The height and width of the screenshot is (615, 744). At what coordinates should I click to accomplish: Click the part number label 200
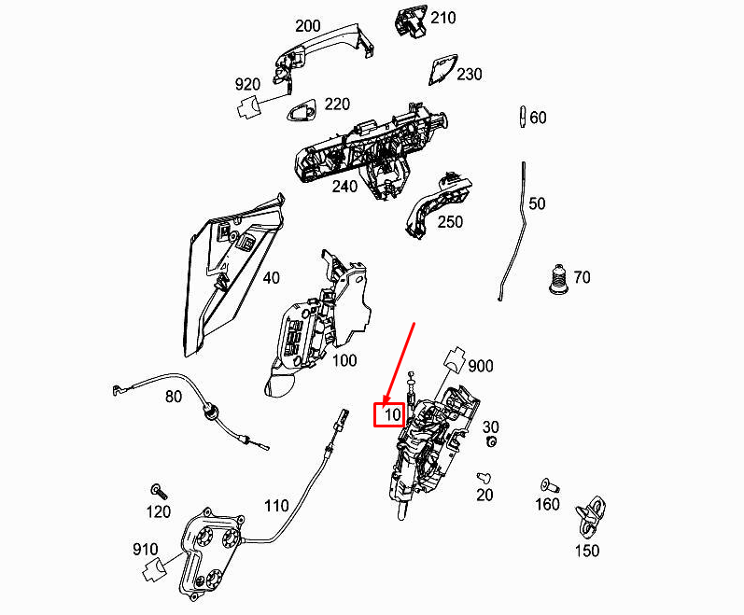[307, 26]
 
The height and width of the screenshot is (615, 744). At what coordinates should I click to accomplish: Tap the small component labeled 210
[412, 22]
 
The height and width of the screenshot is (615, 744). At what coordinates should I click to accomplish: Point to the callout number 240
[344, 186]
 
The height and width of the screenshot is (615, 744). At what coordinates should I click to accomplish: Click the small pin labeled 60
[520, 117]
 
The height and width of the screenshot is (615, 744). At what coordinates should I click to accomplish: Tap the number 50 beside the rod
[537, 203]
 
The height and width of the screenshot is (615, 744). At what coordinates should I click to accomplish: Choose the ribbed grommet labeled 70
[556, 277]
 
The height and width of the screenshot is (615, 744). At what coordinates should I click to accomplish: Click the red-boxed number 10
[389, 413]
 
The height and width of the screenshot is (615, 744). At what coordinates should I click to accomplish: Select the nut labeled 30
[490, 440]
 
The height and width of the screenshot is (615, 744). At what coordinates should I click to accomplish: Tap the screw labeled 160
[547, 485]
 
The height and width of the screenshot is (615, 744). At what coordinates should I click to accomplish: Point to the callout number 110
[276, 506]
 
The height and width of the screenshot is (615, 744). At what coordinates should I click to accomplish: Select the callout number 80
[174, 397]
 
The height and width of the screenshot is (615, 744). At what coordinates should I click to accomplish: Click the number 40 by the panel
[271, 277]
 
